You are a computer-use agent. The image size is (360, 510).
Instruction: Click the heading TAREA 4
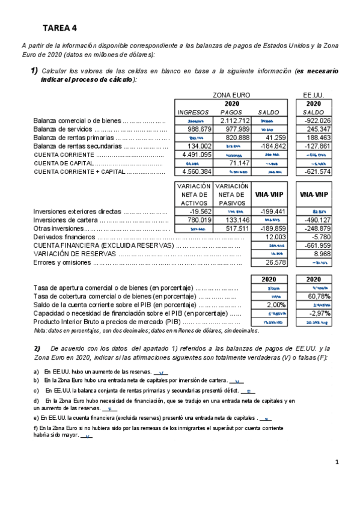point(59,28)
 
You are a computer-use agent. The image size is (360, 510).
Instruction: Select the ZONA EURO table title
point(231,95)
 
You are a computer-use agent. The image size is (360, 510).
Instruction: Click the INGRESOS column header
point(193,112)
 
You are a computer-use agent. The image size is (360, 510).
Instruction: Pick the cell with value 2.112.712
point(227,121)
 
